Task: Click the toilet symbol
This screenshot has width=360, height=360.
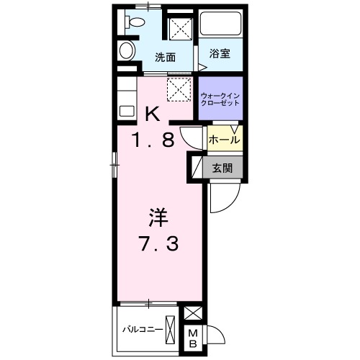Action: pyautogui.click(x=135, y=22)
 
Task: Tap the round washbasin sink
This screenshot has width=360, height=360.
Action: pyautogui.click(x=127, y=50)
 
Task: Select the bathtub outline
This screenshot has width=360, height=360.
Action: pyautogui.click(x=221, y=23)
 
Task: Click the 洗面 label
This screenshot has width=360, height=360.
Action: pyautogui.click(x=165, y=58)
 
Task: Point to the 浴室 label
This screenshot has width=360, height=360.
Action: pyautogui.click(x=220, y=53)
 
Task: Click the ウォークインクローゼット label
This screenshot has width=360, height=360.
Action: pyautogui.click(x=220, y=99)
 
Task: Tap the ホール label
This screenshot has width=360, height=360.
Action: pyautogui.click(x=224, y=140)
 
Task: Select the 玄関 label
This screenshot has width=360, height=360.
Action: pyautogui.click(x=222, y=168)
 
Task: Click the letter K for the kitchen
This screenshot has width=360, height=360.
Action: pyautogui.click(x=153, y=114)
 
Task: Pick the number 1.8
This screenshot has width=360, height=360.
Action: pyautogui.click(x=153, y=140)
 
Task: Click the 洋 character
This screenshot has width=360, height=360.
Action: pyautogui.click(x=158, y=217)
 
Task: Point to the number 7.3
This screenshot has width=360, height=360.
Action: pyautogui.click(x=158, y=243)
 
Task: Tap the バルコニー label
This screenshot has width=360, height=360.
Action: pyautogui.click(x=143, y=329)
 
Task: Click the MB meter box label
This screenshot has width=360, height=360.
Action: pyautogui.click(x=193, y=339)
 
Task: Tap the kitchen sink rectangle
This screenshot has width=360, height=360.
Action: pyautogui.click(x=127, y=111)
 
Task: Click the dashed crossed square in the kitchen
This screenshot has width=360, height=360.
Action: pyautogui.click(x=179, y=89)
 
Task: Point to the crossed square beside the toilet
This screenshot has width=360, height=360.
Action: pyautogui.click(x=181, y=29)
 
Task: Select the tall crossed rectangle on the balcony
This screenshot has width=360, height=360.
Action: pyautogui.click(x=170, y=329)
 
